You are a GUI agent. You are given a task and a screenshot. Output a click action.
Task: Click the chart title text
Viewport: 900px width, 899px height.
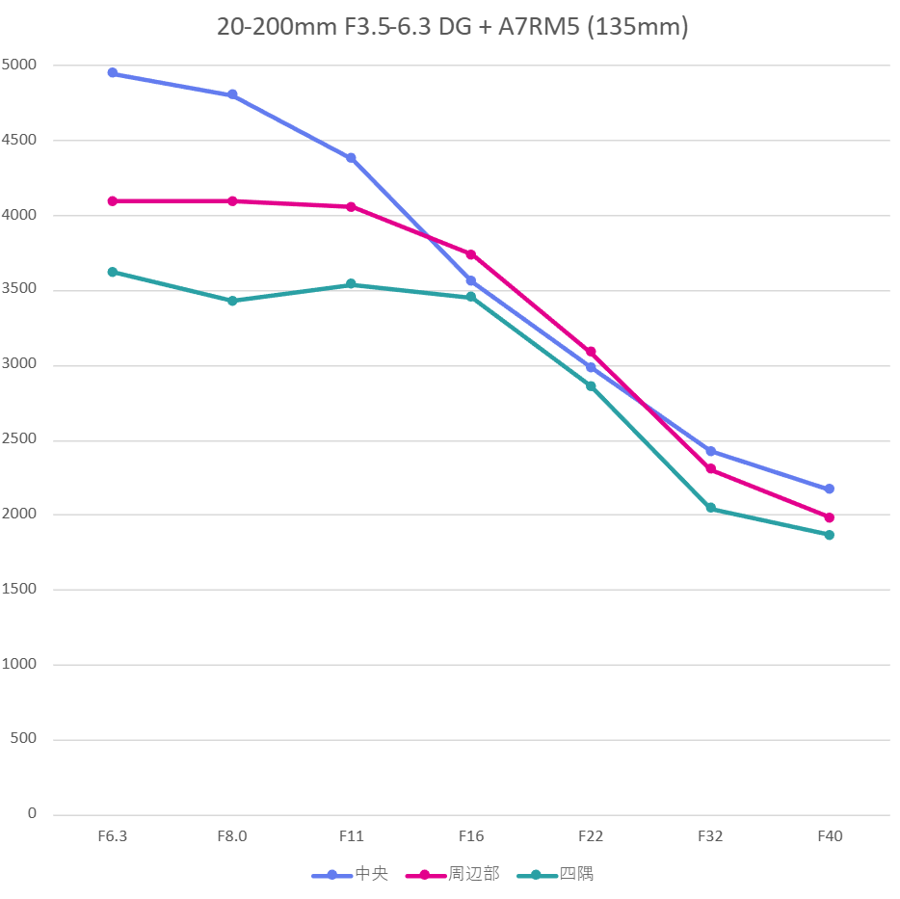coord(452,27)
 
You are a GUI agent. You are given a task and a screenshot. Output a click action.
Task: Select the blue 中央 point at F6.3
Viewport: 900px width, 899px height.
coord(113,73)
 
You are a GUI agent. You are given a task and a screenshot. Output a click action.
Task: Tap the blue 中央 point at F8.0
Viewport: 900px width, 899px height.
coord(232,95)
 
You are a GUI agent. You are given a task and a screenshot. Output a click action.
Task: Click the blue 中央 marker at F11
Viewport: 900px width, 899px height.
coord(352,158)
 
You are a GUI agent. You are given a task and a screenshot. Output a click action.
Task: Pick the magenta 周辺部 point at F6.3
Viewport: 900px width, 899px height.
coord(113,201)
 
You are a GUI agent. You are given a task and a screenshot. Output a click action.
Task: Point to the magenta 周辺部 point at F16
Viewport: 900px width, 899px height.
coord(471,254)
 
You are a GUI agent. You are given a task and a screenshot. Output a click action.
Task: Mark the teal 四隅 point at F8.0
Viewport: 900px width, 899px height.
coord(232,301)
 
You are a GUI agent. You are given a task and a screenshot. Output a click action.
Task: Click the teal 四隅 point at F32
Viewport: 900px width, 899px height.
coord(710,508)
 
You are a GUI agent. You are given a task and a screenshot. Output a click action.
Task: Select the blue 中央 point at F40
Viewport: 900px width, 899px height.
coord(830,489)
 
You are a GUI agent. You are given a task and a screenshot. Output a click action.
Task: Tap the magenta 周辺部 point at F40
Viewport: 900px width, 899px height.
coord(830,517)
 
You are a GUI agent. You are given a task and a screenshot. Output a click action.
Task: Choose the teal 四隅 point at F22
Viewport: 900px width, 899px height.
coord(591,385)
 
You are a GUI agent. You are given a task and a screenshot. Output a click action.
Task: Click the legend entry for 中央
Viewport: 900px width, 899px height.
coord(351,875)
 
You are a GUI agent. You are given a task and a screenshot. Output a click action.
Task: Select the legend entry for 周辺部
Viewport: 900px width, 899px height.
coord(453,875)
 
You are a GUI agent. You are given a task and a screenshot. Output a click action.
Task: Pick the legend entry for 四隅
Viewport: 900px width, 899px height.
coord(556,875)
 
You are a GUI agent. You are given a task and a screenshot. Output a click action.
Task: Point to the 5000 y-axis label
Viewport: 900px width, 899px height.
coord(18,66)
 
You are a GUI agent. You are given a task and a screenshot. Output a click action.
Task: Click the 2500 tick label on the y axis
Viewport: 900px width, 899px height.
coord(18,440)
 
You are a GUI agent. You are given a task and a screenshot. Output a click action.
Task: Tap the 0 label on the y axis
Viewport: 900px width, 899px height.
coord(32,814)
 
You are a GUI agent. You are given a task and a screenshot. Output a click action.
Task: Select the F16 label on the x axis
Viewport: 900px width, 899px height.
coord(471,836)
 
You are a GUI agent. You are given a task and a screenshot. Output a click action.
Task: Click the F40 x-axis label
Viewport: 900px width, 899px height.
coord(830,836)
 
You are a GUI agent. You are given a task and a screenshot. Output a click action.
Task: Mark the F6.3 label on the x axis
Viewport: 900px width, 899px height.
coord(113,836)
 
